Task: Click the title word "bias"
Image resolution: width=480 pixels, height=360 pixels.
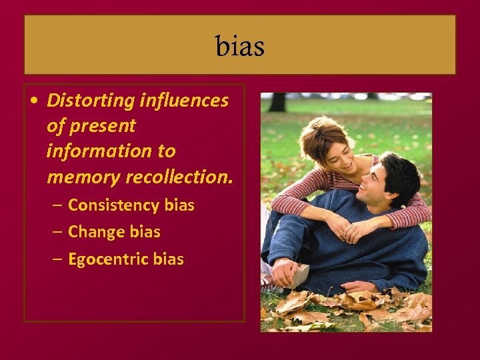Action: (240, 47)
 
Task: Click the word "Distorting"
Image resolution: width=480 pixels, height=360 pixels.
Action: (91, 101)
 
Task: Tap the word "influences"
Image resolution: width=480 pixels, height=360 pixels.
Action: (184, 101)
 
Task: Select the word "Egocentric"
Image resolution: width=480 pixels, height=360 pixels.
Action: (108, 259)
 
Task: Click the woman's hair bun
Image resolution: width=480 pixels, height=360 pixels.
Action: (313, 127)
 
